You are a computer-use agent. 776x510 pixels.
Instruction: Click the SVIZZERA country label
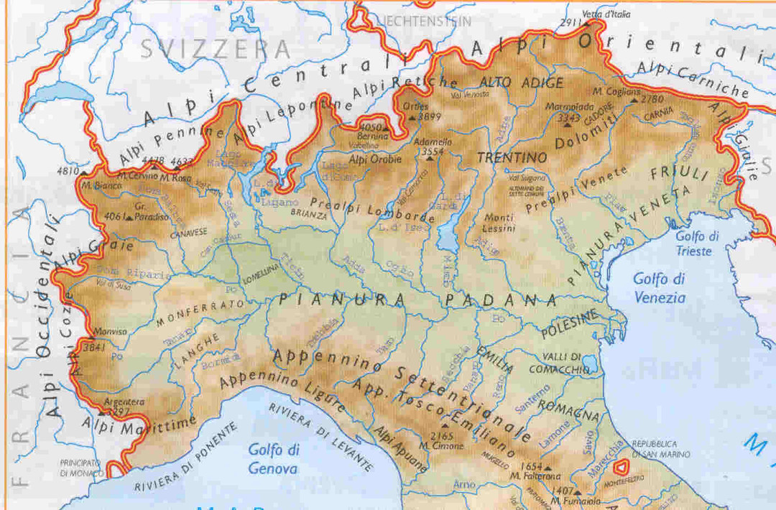[x=216, y=50]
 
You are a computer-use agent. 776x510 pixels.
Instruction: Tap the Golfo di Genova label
[x=273, y=459]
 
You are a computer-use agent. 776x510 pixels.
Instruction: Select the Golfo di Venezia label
[x=660, y=287]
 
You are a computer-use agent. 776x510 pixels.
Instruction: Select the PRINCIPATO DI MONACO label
[x=80, y=468]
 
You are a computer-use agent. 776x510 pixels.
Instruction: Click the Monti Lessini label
[x=499, y=223]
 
